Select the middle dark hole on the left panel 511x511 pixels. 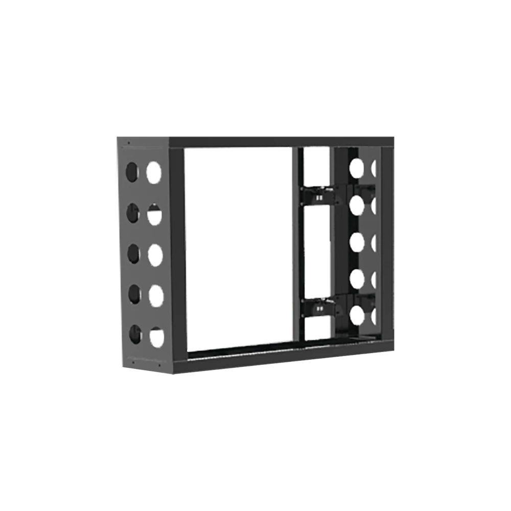tap(134, 254)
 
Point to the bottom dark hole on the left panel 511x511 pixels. tap(135, 334)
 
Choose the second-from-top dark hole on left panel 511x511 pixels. tap(133, 213)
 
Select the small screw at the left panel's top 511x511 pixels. tap(128, 144)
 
